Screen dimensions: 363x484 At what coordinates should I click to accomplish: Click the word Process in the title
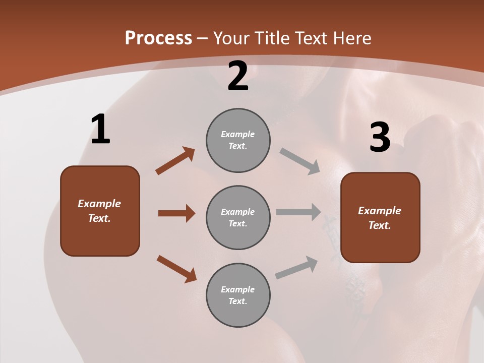(x=158, y=38)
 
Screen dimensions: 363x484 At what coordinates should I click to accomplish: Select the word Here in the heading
(x=352, y=38)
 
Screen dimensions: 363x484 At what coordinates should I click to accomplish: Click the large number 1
(x=100, y=130)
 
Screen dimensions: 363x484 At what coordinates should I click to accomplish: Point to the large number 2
(x=238, y=76)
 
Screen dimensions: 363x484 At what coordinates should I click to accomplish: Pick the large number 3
(x=380, y=138)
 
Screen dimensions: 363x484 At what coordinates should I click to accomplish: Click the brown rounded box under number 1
(x=100, y=211)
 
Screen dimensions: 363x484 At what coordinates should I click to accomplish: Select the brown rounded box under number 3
(x=380, y=217)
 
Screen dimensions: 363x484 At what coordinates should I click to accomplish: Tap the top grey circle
(x=238, y=140)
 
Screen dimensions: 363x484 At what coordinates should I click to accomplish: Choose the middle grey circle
(x=238, y=217)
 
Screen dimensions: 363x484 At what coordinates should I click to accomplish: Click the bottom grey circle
(x=238, y=295)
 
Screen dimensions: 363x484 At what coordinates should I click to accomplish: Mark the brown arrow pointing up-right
(x=175, y=161)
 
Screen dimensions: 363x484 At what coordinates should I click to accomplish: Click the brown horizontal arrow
(x=176, y=213)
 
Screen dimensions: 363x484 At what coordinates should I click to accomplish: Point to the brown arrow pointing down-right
(x=176, y=268)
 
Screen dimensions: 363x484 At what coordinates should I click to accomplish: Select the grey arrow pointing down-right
(x=299, y=161)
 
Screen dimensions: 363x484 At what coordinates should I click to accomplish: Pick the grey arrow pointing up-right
(x=296, y=267)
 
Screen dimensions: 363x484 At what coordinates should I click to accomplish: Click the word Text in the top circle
(x=237, y=146)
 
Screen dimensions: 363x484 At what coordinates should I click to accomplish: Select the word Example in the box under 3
(x=380, y=211)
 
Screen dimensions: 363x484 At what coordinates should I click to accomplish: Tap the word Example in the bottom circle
(x=238, y=289)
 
